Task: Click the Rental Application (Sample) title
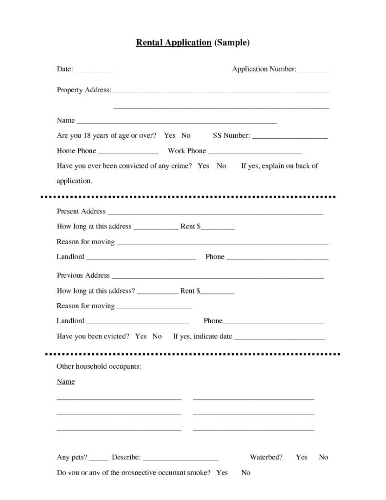(x=193, y=43)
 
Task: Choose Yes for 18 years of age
(x=170, y=135)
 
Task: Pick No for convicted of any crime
(x=222, y=166)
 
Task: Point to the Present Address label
(x=81, y=211)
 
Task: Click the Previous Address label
(x=83, y=275)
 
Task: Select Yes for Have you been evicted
(x=141, y=336)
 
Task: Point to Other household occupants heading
(x=99, y=366)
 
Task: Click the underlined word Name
(x=65, y=382)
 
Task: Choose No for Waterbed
(x=324, y=458)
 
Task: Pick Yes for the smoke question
(x=222, y=473)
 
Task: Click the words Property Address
(x=83, y=90)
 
